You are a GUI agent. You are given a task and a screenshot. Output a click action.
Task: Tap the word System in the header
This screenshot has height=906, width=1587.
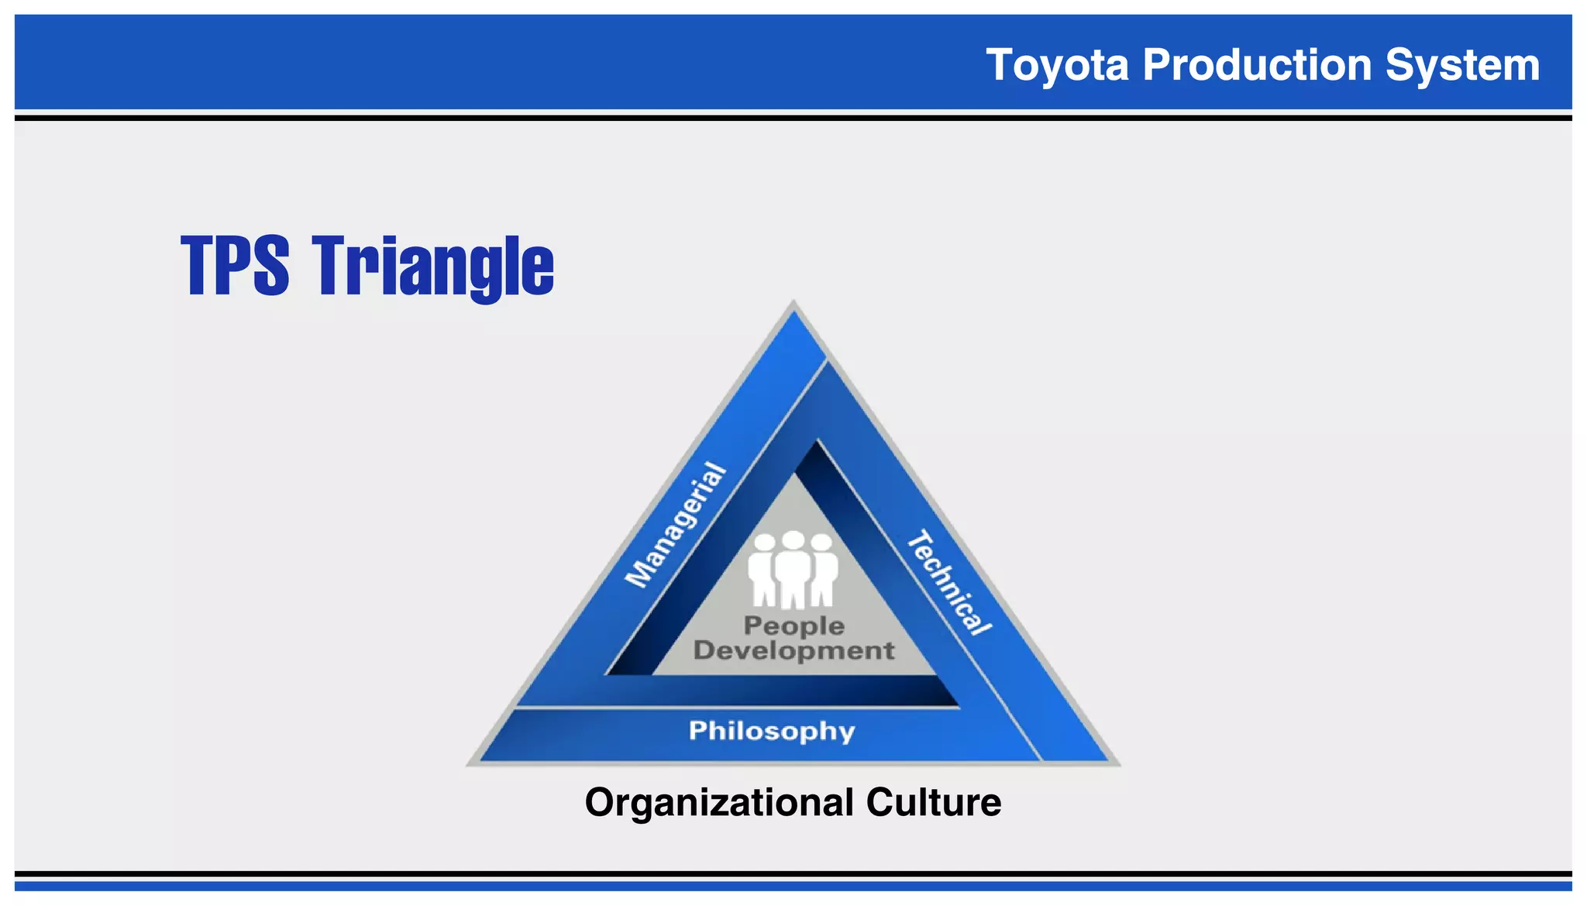click(1462, 64)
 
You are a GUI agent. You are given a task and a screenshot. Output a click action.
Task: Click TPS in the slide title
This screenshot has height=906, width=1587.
click(236, 266)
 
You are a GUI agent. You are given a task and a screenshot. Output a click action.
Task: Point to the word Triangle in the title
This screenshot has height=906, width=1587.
click(434, 266)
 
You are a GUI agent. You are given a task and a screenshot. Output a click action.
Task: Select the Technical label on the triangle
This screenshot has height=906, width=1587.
click(949, 583)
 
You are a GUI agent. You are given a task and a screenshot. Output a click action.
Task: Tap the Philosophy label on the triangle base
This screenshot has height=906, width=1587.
click(772, 731)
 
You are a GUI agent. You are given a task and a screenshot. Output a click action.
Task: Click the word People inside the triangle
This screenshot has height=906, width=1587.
click(793, 625)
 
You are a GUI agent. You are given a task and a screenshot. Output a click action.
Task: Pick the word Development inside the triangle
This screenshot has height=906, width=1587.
click(793, 650)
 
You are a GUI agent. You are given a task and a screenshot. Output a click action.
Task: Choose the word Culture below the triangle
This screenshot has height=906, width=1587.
click(934, 802)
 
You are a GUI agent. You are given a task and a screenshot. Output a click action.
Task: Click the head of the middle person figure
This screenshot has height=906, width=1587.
click(793, 540)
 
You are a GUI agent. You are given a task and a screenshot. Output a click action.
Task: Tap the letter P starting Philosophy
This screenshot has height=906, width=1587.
click(697, 730)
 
